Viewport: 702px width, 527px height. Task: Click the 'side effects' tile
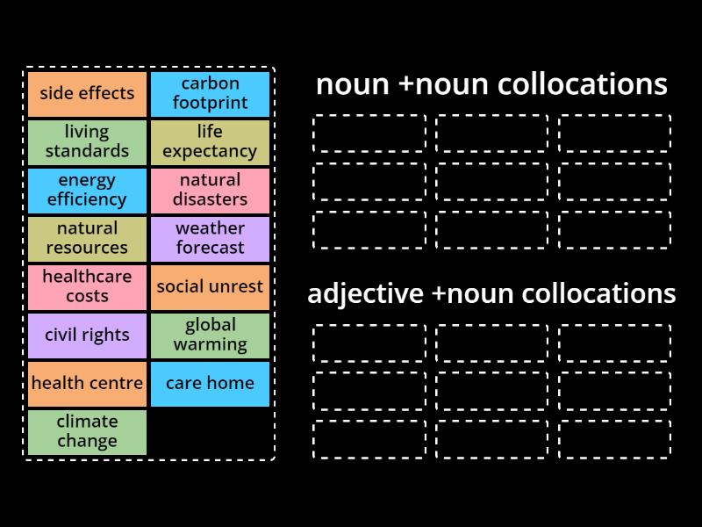(87, 94)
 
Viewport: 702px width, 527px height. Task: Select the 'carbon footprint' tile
(210, 94)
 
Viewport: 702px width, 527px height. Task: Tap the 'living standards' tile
(87, 142)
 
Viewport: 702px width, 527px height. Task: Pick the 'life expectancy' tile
(210, 142)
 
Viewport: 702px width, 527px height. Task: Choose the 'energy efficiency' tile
(87, 191)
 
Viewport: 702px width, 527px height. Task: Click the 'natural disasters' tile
(210, 191)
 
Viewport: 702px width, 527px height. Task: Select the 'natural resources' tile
(87, 239)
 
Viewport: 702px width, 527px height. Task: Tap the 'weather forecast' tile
(210, 239)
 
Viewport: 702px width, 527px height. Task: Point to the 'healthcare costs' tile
(87, 287)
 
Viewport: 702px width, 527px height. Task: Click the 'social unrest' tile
(210, 287)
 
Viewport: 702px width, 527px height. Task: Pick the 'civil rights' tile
(87, 336)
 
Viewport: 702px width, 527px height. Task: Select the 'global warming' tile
(210, 336)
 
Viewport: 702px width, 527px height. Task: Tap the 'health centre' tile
(87, 384)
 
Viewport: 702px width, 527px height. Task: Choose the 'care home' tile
(210, 384)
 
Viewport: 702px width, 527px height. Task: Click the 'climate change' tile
(87, 432)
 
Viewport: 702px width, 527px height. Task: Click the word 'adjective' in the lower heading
(364, 294)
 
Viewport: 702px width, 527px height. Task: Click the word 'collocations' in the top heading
(582, 85)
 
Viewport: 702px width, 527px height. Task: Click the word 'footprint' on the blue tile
(210, 104)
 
